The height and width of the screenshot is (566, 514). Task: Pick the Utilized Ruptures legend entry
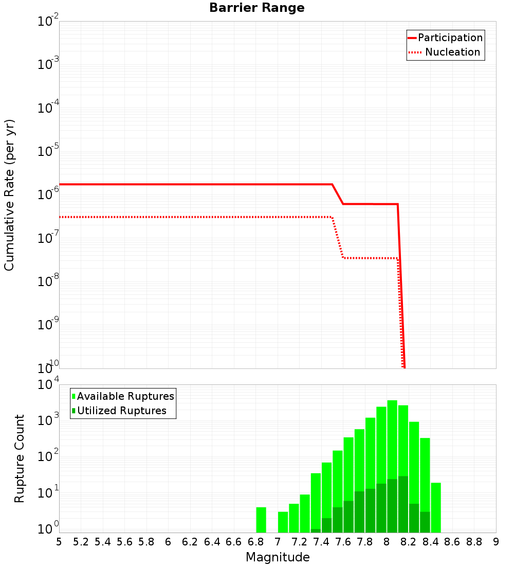[121, 411]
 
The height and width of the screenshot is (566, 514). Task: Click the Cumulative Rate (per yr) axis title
[10, 195]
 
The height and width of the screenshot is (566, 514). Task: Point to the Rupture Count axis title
[20, 458]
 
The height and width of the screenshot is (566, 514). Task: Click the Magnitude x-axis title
[278, 557]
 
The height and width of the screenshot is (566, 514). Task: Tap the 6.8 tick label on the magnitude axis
[255, 542]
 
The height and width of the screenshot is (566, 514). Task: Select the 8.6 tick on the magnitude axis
[452, 542]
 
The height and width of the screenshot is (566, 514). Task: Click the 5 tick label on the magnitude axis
[59, 542]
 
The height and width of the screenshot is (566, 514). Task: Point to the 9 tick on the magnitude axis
[496, 542]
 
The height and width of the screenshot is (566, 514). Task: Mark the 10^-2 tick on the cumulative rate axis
[48, 22]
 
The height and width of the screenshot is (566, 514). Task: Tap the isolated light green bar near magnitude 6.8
[261, 520]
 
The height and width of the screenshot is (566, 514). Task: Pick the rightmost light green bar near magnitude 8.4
[436, 507]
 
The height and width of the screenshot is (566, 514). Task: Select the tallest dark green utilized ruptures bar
[403, 504]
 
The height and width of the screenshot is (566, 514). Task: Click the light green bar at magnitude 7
[283, 522]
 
